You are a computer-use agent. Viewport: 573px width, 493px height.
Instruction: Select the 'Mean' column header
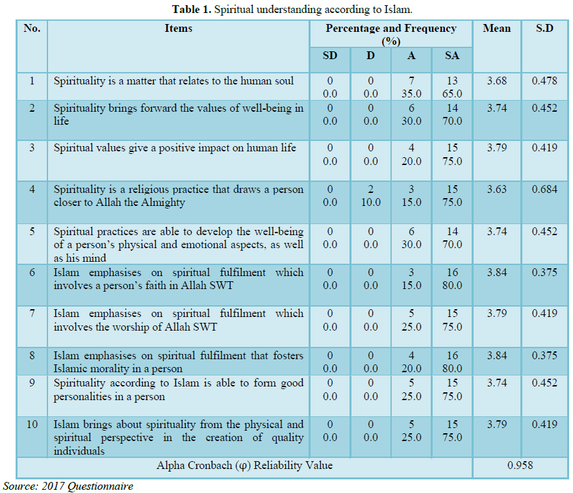[x=497, y=29]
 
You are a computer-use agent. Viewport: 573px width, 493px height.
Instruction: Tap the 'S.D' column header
[x=544, y=29]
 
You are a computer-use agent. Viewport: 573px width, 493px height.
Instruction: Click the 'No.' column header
[x=32, y=29]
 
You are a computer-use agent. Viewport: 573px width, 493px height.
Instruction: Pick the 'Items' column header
[x=178, y=29]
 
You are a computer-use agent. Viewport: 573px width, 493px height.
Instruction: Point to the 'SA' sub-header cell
[x=452, y=56]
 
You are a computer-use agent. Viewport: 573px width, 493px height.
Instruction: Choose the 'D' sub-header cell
[x=370, y=56]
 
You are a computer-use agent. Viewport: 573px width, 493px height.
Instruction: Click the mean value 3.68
[x=497, y=81]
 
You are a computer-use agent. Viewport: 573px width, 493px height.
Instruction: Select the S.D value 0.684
[x=544, y=190]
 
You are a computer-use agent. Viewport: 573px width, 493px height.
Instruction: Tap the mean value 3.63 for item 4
[x=497, y=190]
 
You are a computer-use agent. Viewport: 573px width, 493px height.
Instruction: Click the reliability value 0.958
[x=520, y=466]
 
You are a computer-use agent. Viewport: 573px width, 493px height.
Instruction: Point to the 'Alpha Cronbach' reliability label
[x=244, y=466]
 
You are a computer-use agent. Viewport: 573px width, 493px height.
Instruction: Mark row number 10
[x=32, y=425]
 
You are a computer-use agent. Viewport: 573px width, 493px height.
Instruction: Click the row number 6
[x=32, y=273]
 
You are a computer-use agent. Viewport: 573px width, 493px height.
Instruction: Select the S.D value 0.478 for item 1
[x=544, y=81]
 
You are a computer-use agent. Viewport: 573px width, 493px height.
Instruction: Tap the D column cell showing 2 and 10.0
[x=370, y=196]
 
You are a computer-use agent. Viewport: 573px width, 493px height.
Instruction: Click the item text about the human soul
[x=173, y=81]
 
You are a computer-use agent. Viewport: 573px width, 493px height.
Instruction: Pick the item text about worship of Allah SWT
[x=178, y=320]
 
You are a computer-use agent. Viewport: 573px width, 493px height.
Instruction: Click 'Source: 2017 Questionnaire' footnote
[x=68, y=486]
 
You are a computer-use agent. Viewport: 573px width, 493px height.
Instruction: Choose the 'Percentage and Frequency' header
[x=390, y=34]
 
